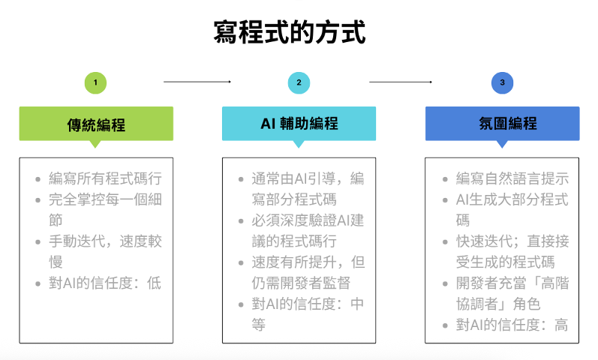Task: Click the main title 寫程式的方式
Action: click(x=290, y=32)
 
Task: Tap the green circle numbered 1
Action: click(x=95, y=82)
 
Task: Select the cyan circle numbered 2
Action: click(x=299, y=82)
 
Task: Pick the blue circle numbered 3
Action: click(x=502, y=82)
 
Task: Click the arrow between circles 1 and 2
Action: click(x=197, y=82)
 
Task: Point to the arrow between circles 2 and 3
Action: click(x=401, y=82)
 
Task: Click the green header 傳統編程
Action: click(x=96, y=124)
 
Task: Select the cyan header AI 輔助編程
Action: click(x=299, y=124)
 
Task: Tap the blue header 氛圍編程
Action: click(x=502, y=124)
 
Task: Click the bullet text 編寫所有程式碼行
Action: click(x=105, y=178)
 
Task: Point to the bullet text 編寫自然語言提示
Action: click(x=512, y=178)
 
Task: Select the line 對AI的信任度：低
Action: click(x=105, y=283)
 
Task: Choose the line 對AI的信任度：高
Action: click(x=512, y=325)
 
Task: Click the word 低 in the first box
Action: click(x=155, y=283)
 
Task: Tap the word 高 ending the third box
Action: click(x=561, y=325)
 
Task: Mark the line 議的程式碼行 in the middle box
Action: click(x=294, y=241)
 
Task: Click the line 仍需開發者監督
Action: click(x=301, y=283)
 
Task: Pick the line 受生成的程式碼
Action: click(x=505, y=262)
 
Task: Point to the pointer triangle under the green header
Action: click(x=95, y=144)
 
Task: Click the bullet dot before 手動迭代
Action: click(x=38, y=241)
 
